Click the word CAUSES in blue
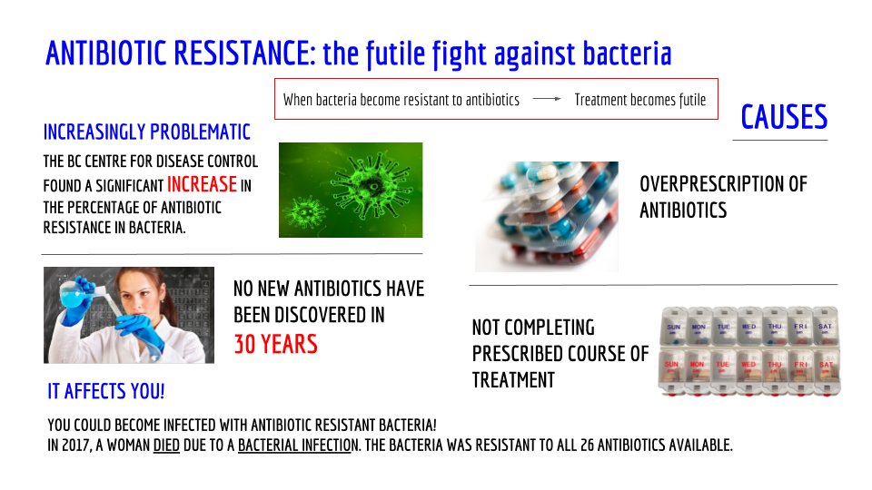(x=784, y=118)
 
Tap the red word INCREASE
(x=202, y=185)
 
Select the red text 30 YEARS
(x=275, y=344)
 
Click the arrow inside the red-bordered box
(x=546, y=100)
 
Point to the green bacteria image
(x=350, y=189)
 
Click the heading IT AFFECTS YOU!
(x=105, y=392)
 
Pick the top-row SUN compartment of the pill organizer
(x=673, y=328)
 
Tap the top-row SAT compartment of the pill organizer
(x=826, y=328)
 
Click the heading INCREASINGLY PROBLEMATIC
(x=146, y=132)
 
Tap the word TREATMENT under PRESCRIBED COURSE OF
(x=513, y=380)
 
